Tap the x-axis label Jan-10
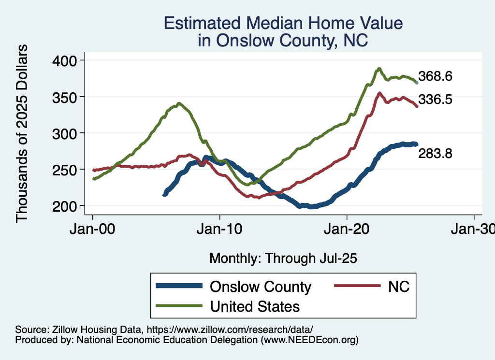click(x=220, y=230)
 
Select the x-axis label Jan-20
click(x=347, y=230)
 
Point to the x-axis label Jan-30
click(x=474, y=230)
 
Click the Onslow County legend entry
click(x=260, y=287)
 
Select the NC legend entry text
click(x=399, y=287)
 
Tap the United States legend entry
click(x=254, y=306)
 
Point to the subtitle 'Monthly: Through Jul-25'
click(x=283, y=259)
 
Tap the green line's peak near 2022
click(x=379, y=69)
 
